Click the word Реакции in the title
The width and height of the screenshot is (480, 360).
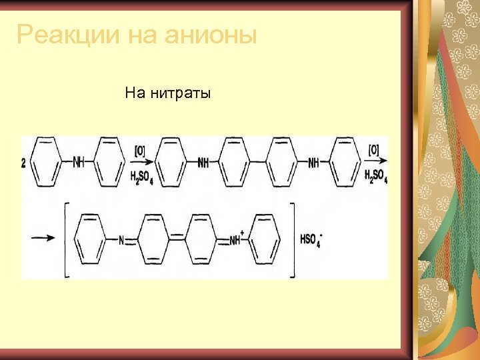63,34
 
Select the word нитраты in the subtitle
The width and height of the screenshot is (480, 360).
179,93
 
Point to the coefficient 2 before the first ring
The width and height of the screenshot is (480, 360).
24,163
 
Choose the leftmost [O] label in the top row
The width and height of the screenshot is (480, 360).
140,151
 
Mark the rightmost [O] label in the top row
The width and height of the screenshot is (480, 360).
375,151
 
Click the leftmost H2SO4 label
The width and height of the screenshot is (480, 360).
142,177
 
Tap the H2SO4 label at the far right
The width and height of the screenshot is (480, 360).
376,176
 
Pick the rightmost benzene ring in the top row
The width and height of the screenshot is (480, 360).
345,162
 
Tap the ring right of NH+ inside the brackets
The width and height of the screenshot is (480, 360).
265,239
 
